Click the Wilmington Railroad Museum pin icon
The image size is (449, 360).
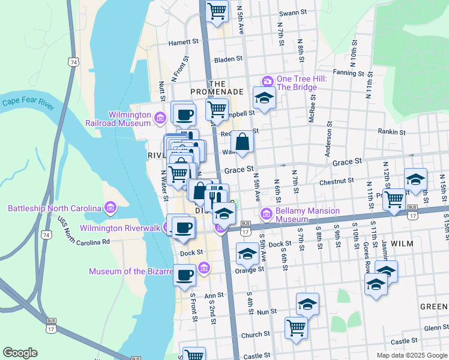(160, 116)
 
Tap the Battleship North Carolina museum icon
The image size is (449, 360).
(110, 208)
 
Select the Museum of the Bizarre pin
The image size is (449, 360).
(204, 267)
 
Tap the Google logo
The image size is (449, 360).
(20, 352)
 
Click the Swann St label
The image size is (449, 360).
(293, 11)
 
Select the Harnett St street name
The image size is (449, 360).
(183, 43)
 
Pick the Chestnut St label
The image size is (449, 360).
(337, 181)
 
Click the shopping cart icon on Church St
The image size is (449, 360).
(296, 327)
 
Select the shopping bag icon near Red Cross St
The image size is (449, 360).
(242, 142)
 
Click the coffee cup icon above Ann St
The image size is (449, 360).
(184, 275)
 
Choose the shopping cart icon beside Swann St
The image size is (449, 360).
(217, 10)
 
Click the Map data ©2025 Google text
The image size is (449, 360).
(412, 355)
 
